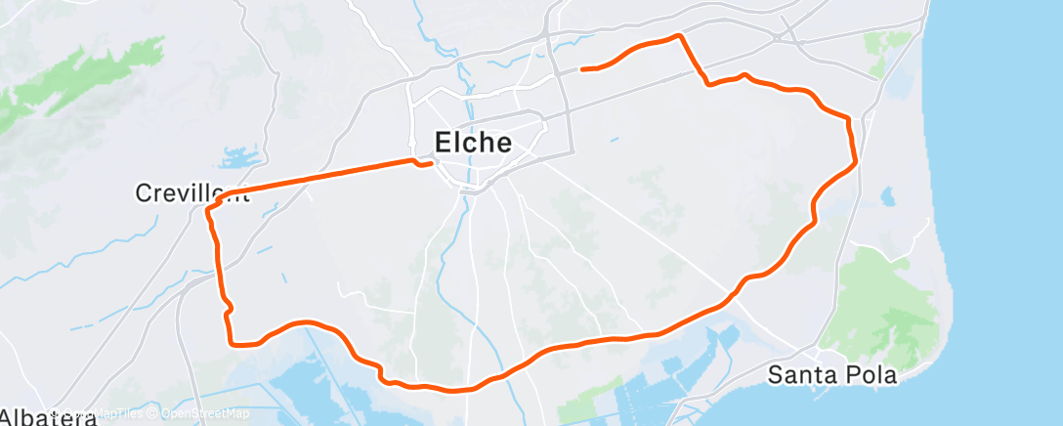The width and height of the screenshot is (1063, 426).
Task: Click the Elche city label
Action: (473, 143)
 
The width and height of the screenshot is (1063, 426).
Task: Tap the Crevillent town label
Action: (191, 193)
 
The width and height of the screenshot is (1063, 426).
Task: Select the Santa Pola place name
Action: (831, 374)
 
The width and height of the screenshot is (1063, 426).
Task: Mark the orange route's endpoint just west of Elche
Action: (432, 164)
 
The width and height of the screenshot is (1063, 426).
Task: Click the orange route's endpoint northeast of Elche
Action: (582, 68)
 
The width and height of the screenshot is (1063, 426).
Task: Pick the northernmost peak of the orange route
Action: (677, 35)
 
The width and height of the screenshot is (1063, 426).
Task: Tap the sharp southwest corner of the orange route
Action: (232, 343)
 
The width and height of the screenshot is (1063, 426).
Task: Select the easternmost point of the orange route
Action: (857, 161)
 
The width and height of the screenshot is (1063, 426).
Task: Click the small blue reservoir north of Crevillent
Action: (238, 156)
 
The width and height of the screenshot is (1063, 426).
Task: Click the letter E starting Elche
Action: (442, 143)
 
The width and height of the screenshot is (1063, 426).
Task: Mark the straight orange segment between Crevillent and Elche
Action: (322, 176)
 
